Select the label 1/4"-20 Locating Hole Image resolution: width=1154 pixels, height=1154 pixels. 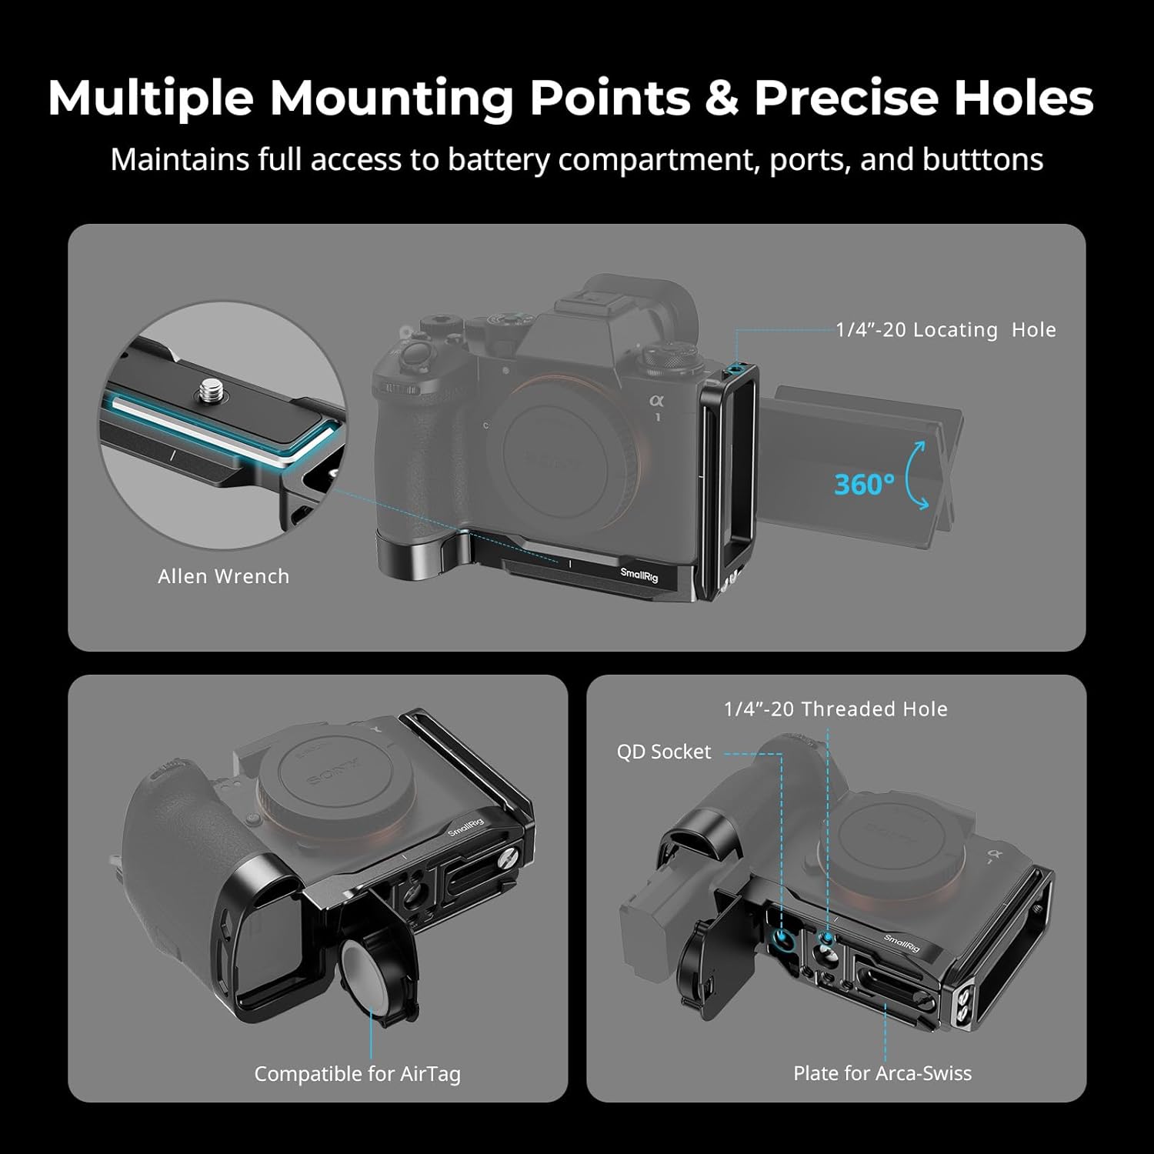point(946,330)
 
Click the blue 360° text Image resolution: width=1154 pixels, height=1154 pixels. point(864,484)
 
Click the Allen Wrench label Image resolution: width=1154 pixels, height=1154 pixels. point(224,576)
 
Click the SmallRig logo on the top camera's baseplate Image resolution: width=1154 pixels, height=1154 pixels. point(639,574)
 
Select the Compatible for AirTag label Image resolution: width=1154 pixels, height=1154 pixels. point(358,1074)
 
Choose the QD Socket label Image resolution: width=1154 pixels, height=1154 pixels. point(664,752)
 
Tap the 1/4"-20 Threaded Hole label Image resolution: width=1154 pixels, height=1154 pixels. point(836,709)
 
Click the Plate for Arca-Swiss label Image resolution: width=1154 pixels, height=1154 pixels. point(882,1073)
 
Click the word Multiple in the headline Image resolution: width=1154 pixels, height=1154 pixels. point(151,98)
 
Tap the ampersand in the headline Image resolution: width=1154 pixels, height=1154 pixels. point(722,98)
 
